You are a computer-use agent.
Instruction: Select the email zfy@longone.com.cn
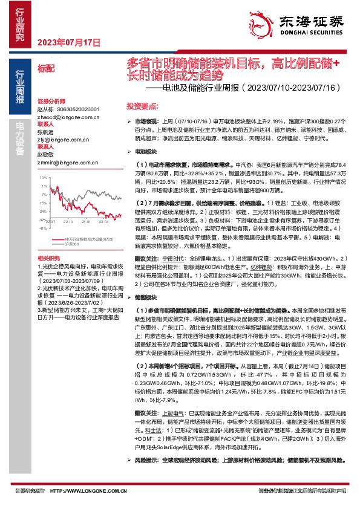tap(61, 139)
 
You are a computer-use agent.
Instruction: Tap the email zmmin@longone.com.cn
tap(63, 163)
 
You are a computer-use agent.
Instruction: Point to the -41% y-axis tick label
tap(42, 229)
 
